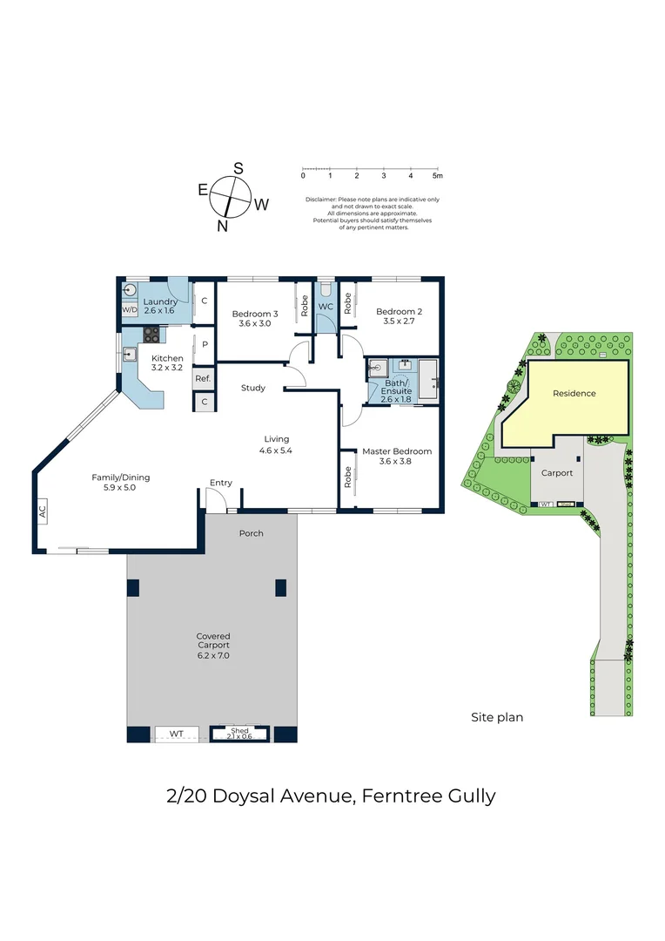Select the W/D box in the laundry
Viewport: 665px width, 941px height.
[130, 309]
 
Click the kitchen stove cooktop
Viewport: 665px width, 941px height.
[151, 335]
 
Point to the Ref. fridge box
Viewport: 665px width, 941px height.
[204, 378]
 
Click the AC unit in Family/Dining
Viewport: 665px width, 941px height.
[42, 511]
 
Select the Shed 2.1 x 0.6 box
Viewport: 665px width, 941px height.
[239, 734]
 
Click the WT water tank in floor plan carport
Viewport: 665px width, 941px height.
[177, 734]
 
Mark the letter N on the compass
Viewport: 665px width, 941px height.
[223, 227]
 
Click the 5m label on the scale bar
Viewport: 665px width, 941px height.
[438, 176]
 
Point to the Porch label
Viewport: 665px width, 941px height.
[252, 533]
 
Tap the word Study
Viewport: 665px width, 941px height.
[253, 388]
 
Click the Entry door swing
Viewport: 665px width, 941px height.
[215, 498]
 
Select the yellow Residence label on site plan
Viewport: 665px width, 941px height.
[574, 393]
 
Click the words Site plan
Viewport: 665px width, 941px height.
[497, 717]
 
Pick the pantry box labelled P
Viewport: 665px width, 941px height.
[205, 344]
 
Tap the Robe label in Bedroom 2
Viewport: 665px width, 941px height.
[348, 304]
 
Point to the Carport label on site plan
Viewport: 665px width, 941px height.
[557, 473]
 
